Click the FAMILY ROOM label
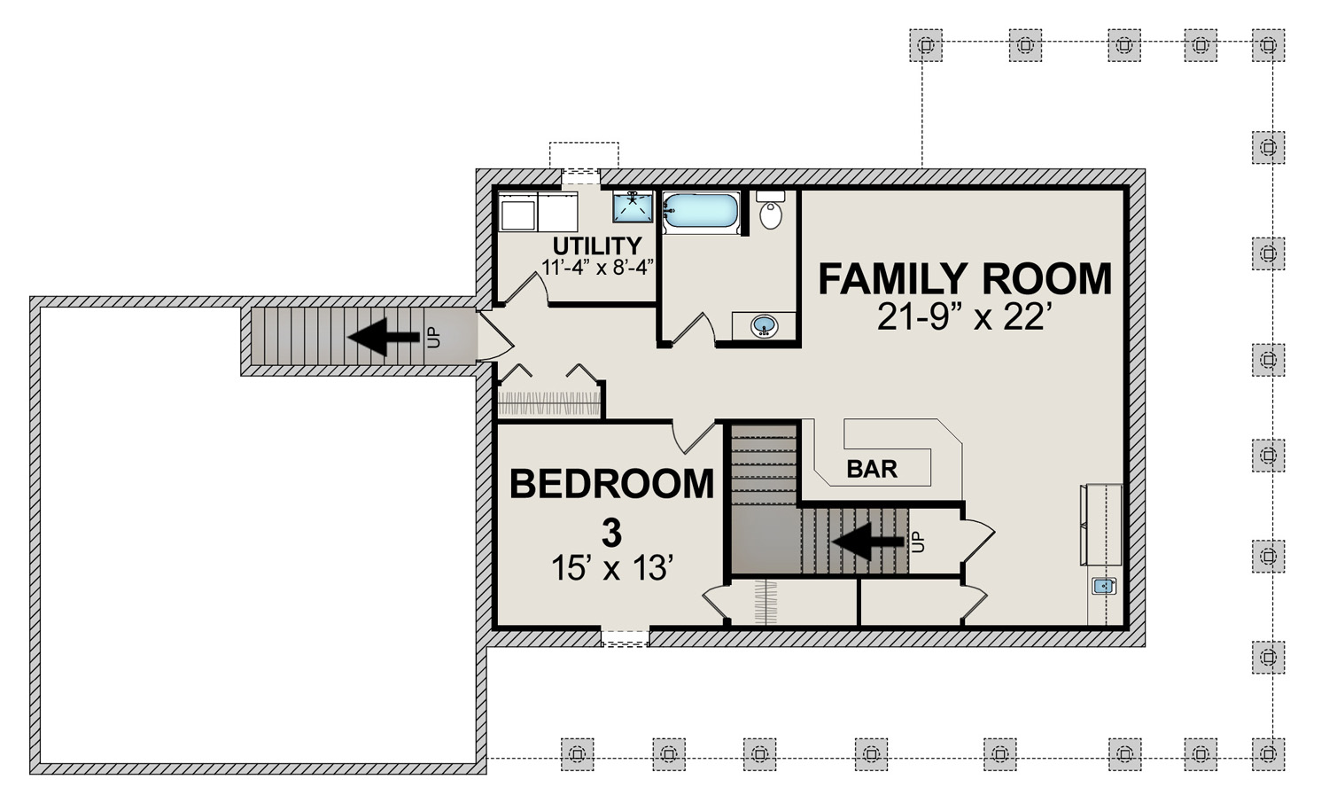(x=965, y=279)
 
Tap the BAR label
(x=872, y=469)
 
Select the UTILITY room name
(x=597, y=246)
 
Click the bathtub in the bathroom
(x=701, y=213)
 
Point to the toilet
(x=770, y=210)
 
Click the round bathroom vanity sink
(x=764, y=326)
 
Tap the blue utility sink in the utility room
(x=633, y=207)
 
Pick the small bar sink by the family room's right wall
(x=1104, y=586)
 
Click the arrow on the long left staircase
(x=384, y=337)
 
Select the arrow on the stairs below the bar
(x=868, y=542)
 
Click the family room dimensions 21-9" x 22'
(x=960, y=317)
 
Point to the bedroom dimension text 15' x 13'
(x=612, y=567)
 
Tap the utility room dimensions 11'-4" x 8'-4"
(x=597, y=268)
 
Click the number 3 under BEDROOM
(x=611, y=533)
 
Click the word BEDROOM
(x=611, y=484)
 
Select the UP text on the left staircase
(x=434, y=337)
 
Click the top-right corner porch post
(x=1268, y=45)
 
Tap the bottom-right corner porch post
(x=1268, y=754)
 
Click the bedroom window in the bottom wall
(x=625, y=637)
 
